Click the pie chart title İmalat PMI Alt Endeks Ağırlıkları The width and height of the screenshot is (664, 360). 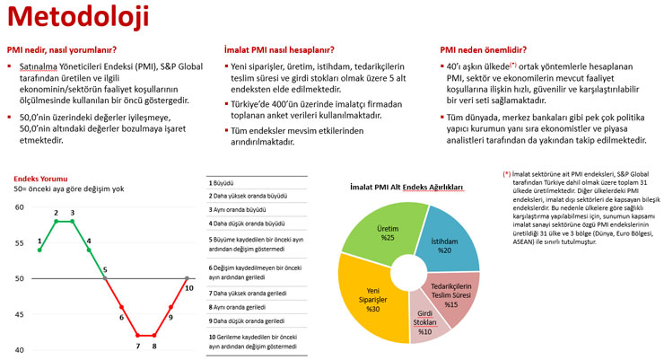(408, 188)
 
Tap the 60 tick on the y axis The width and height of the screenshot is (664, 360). (20, 207)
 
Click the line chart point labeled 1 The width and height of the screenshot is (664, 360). (39, 250)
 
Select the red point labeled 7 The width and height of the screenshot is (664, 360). (137, 334)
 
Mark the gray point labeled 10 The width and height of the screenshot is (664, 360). (187, 278)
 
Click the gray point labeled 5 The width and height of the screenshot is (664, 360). (105, 278)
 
